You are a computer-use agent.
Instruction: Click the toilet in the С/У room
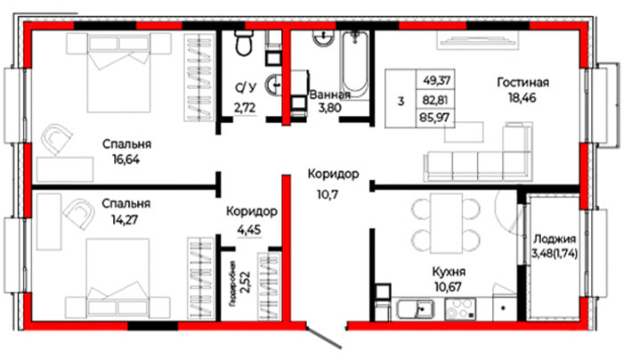[x=244, y=43]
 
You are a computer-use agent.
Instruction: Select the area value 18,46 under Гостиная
[x=522, y=97]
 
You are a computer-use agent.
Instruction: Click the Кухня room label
[x=449, y=272]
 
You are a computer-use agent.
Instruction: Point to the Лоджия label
[x=554, y=239]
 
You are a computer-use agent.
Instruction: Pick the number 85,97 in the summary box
[x=435, y=118]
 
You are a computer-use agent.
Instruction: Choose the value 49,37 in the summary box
[x=436, y=80]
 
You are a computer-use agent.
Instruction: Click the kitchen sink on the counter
[x=415, y=309]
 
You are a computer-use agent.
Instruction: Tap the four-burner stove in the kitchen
[x=460, y=309]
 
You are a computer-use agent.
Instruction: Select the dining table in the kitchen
[x=446, y=223]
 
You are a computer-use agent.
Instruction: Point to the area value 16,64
[x=126, y=160]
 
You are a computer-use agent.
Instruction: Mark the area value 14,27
[x=125, y=219]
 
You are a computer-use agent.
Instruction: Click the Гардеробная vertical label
[x=232, y=282]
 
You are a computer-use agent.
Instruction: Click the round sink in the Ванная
[x=322, y=37]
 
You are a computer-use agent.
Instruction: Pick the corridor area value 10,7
[x=328, y=194]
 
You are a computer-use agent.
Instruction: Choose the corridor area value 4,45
[x=249, y=230]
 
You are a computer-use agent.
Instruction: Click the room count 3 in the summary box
[x=400, y=101]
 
